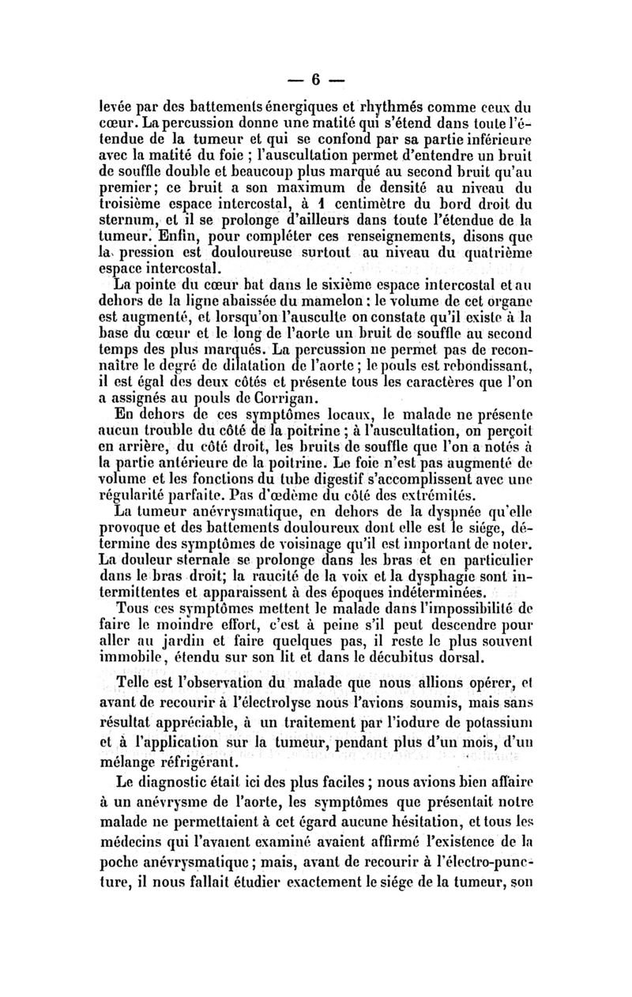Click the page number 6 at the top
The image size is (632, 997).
click(x=315, y=80)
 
